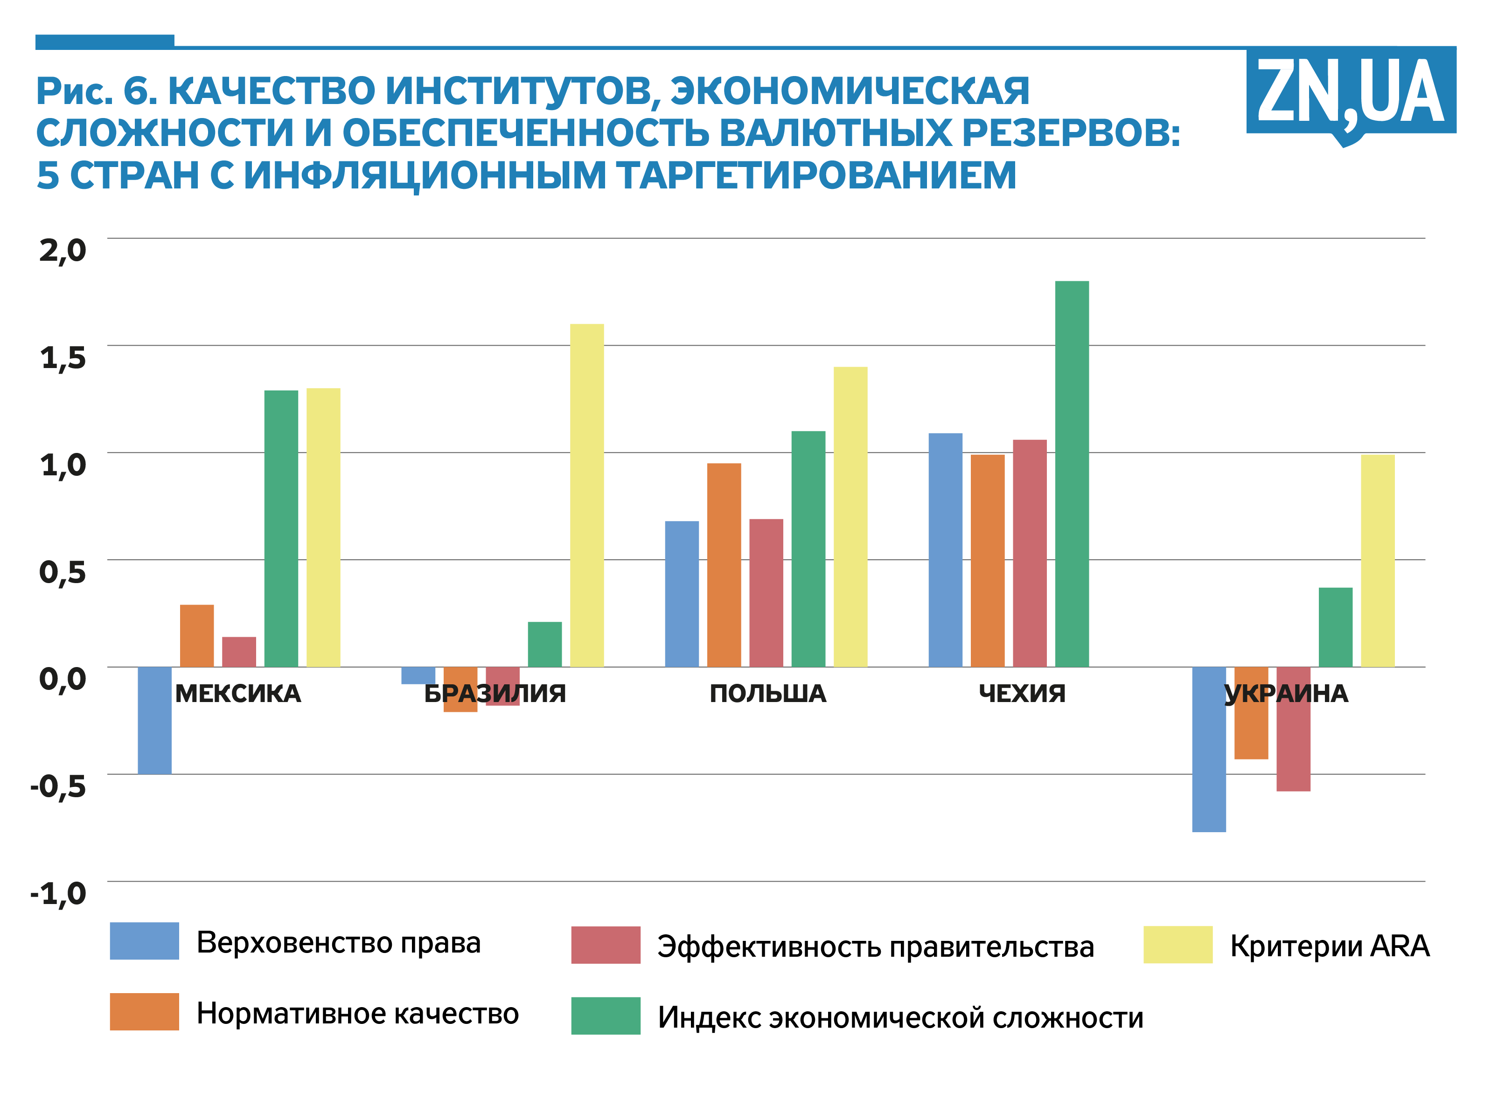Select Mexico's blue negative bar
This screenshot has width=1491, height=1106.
pyautogui.click(x=155, y=720)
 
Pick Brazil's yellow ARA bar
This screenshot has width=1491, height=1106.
pyautogui.click(x=586, y=495)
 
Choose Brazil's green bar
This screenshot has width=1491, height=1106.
pyautogui.click(x=544, y=644)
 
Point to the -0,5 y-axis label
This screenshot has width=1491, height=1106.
pyautogui.click(x=59, y=786)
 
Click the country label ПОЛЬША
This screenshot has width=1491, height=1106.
pyautogui.click(x=767, y=694)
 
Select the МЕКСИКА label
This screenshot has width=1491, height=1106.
pyautogui.click(x=237, y=694)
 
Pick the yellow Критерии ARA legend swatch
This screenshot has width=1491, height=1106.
pyautogui.click(x=1177, y=944)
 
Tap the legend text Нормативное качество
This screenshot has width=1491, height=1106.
pyautogui.click(x=357, y=1014)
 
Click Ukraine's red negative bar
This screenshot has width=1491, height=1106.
pyautogui.click(x=1293, y=730)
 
